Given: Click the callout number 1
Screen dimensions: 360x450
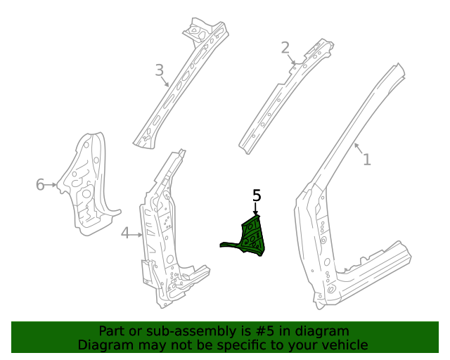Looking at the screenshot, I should [366, 160].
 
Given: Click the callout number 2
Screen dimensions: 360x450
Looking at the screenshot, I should [285, 48].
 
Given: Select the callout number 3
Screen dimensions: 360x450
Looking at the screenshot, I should [160, 70].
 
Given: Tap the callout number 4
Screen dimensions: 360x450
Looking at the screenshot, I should [125, 233].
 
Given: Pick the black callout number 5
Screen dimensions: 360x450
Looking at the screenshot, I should [257, 195].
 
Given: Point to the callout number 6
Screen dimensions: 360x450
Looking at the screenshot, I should [40, 185].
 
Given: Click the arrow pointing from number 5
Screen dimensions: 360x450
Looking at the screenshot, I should [257, 210].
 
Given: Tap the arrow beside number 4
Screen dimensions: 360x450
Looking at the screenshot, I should [137, 233].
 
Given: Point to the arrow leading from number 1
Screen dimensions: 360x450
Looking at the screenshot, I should [358, 148].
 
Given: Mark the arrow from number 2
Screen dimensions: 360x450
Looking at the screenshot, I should [291, 59].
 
